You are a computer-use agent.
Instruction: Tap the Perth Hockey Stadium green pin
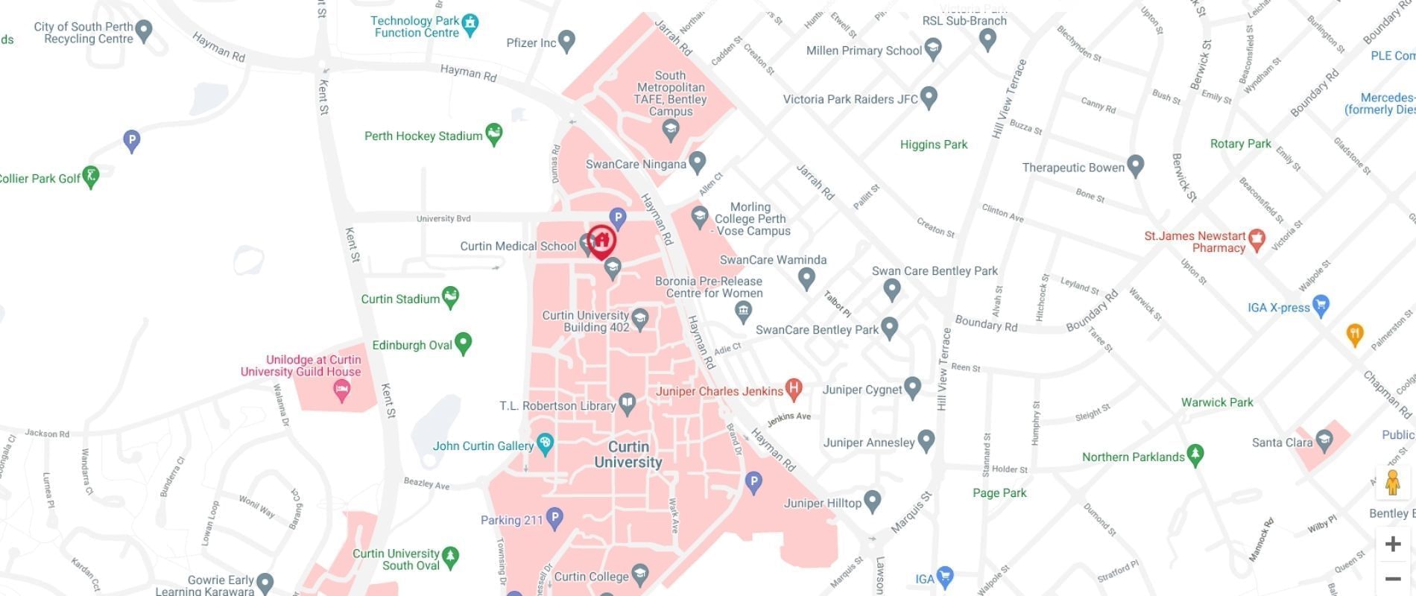[493, 134]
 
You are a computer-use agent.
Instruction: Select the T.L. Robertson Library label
[557, 406]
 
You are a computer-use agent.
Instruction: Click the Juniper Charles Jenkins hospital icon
[794, 387]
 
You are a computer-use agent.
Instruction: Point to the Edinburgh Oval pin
[463, 343]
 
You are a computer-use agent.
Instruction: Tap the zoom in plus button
[1392, 544]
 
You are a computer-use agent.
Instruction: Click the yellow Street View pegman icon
[1392, 483]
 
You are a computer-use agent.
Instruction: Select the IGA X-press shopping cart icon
[1321, 305]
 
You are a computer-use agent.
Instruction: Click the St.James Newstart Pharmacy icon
[1257, 240]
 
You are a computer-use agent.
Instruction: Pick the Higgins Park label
[933, 145]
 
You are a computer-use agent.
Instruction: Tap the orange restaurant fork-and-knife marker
[1355, 335]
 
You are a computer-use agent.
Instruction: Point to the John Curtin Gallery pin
[545, 444]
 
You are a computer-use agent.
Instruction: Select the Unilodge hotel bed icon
[342, 390]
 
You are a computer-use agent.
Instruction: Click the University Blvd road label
[443, 218]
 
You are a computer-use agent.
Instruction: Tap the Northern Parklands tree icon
[1195, 454]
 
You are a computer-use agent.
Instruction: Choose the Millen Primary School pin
[932, 50]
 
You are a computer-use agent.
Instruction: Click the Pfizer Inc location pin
[566, 41]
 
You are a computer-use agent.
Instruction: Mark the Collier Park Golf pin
[90, 177]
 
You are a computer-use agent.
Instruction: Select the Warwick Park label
[1217, 402]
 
